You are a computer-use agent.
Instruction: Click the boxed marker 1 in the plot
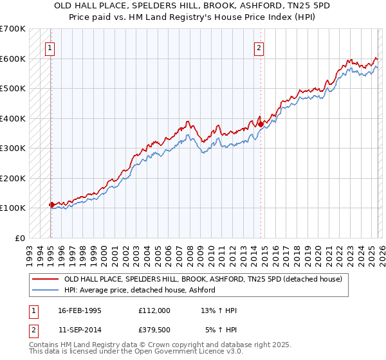(x=50, y=47)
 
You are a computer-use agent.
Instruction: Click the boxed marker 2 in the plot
(x=259, y=47)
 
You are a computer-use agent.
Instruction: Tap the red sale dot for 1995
(x=51, y=204)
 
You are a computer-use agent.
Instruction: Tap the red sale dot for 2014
(x=261, y=125)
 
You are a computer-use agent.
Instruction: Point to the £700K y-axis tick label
(x=13, y=29)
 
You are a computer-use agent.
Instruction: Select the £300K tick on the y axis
(x=13, y=148)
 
